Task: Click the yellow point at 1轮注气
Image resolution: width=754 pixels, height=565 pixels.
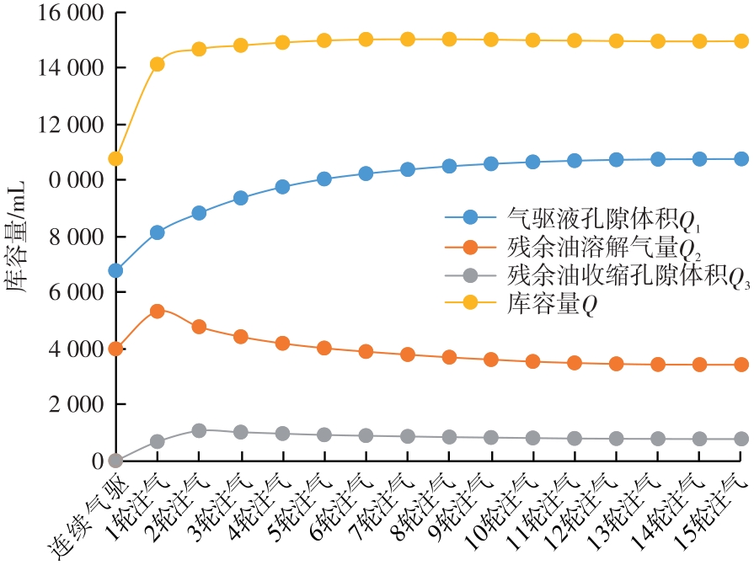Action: coord(158,64)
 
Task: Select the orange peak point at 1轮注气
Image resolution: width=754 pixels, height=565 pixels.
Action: coord(158,312)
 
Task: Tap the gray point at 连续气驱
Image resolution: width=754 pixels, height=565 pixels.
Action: coord(115,461)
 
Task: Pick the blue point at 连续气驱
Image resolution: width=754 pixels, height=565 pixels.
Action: coord(115,270)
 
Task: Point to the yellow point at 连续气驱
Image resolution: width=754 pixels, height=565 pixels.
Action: coord(115,158)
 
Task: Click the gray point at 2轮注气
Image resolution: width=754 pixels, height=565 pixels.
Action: coord(199,431)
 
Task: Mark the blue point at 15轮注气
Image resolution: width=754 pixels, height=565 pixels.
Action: coord(741,159)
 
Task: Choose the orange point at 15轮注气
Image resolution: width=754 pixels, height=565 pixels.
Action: coord(741,365)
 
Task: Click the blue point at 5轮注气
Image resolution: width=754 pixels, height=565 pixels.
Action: coord(324,179)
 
